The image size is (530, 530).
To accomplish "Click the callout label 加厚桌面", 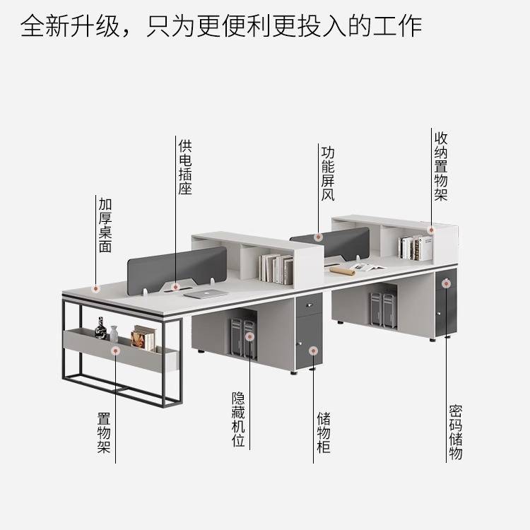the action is (x=105, y=225).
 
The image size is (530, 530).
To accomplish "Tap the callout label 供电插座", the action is (x=185, y=167).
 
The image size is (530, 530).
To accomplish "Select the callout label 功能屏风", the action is (x=327, y=173).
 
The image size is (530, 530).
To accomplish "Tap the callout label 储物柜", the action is (x=323, y=432).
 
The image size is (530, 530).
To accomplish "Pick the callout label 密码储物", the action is (x=455, y=432).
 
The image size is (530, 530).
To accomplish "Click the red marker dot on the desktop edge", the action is (x=96, y=288).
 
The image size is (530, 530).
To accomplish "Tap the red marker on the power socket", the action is (x=175, y=286).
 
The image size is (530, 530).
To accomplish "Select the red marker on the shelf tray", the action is (x=115, y=349).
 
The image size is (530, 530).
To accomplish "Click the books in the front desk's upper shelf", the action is (x=276, y=269).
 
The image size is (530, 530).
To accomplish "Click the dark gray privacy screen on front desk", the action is (x=177, y=267).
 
